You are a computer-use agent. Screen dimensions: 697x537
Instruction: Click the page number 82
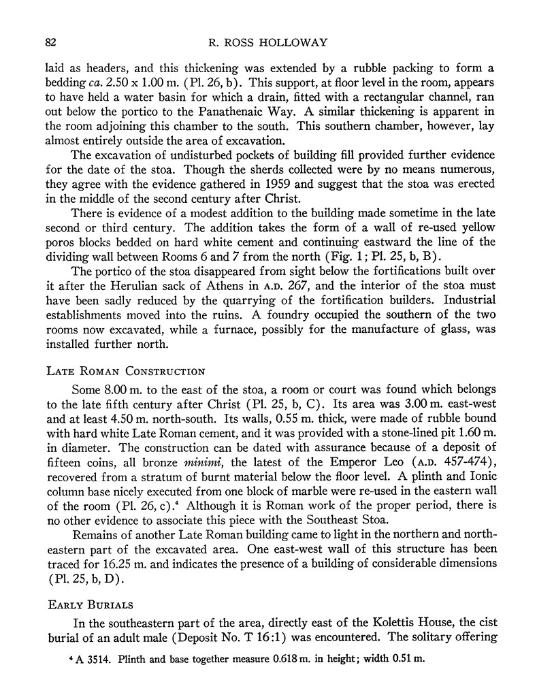click(50, 42)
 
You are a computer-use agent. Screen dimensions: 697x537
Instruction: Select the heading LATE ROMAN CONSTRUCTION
click(126, 372)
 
